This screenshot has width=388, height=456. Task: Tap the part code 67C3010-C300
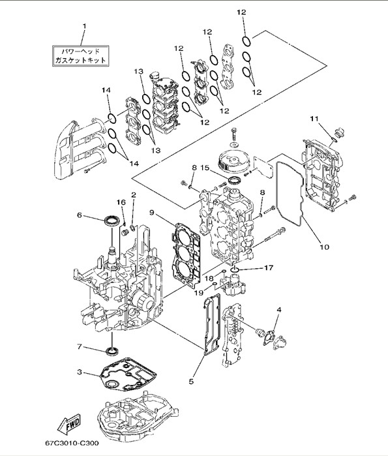coord(72,443)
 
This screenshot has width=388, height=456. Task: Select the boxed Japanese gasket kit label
coord(80,56)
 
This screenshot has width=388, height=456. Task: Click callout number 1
coord(85,26)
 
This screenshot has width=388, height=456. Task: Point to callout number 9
coord(151,213)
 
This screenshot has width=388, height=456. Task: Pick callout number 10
coord(324,247)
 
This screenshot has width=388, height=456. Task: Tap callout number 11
coord(314,119)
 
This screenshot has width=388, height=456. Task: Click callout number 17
coord(269,267)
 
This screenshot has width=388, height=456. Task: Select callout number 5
coord(191,381)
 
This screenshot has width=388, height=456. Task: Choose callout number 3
coord(80,372)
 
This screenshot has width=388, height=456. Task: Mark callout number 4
coord(279,310)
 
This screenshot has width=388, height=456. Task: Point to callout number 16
coord(121,202)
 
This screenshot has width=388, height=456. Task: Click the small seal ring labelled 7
coord(112,351)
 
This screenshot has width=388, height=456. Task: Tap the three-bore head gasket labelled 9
coord(187,256)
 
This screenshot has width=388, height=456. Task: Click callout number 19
coord(199,292)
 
